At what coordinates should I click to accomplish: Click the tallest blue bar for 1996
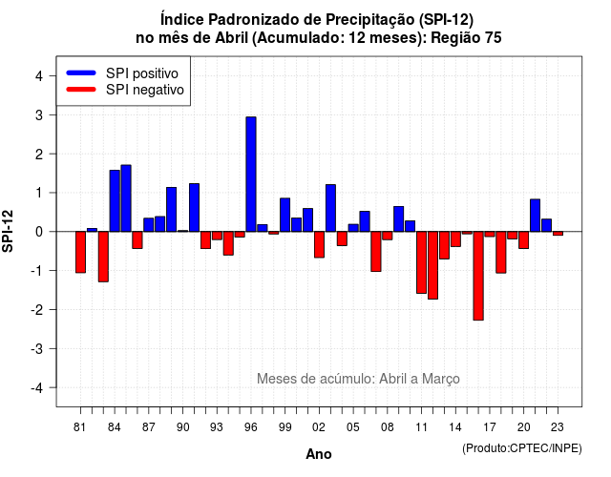pos(251,174)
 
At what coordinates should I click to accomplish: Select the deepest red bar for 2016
pos(478,276)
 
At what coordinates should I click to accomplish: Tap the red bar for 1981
pos(80,252)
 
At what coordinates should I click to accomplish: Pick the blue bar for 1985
pos(126,198)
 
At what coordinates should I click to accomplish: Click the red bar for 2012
pos(432,265)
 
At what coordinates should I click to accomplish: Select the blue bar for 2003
pos(330,208)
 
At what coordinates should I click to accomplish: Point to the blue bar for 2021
pos(535,216)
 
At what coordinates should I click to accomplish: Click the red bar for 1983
pos(103,257)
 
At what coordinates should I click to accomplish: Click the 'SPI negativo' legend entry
pos(125,90)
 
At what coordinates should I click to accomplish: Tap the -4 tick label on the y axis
pos(37,388)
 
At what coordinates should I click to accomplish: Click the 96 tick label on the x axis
pos(251,427)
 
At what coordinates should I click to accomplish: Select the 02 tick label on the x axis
pos(319,427)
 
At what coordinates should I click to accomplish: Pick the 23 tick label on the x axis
pos(558,427)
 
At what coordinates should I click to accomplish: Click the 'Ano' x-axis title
pos(319,454)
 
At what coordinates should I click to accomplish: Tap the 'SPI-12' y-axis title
pos(8,231)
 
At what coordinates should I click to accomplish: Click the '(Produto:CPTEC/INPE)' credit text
pos(522,448)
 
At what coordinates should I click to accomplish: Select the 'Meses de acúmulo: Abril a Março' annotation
pos(358,379)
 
